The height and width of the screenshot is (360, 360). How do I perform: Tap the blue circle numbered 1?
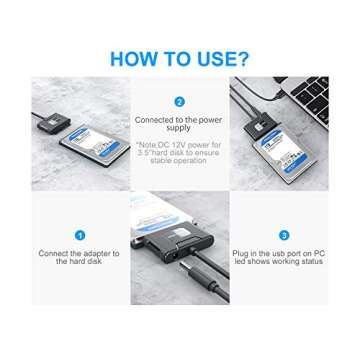[79, 235]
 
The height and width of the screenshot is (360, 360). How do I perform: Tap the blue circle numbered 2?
[179, 101]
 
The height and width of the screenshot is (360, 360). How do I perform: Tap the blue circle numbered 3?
[284, 235]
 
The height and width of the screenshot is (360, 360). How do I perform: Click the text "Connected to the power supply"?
[179, 124]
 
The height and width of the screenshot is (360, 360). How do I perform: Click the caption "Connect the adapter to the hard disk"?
[79, 256]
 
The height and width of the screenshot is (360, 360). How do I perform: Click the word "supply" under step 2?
[179, 129]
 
